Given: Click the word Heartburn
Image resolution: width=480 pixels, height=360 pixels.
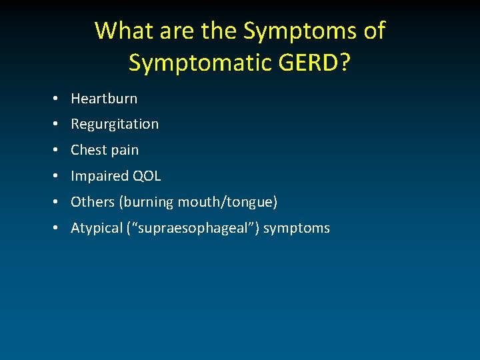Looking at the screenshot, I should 104,99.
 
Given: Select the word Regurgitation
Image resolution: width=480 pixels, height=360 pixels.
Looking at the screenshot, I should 115,125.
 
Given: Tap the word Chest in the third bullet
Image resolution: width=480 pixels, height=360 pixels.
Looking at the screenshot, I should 88,150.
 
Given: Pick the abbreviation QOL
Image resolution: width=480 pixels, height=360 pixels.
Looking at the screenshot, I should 146,176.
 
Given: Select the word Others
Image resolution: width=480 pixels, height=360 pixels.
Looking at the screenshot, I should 92,202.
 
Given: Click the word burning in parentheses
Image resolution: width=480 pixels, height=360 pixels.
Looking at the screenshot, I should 145,202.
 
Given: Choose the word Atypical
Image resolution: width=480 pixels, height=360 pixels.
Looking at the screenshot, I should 95,228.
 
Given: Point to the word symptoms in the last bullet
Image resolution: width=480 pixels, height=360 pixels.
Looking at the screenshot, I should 297,228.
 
